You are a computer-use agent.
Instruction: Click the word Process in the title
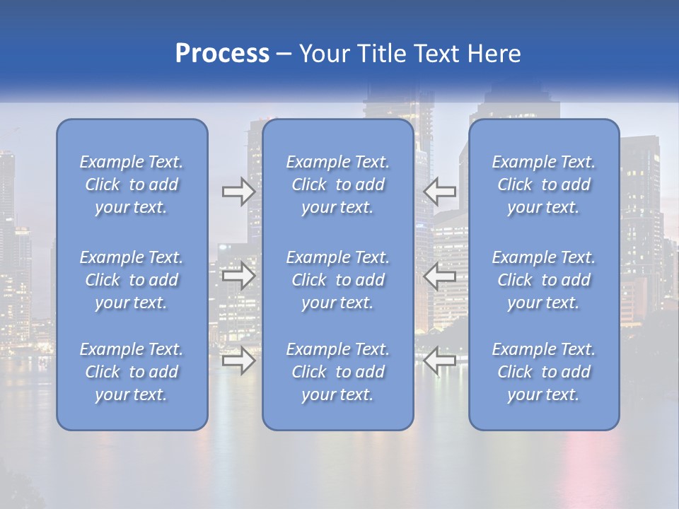pos(222,54)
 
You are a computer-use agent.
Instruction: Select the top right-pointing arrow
pos(239,191)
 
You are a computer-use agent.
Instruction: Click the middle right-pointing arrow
pos(239,275)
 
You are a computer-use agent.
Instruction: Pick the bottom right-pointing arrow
pos(239,361)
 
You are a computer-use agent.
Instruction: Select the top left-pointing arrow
pos(440,191)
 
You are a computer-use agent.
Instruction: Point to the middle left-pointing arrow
pos(440,275)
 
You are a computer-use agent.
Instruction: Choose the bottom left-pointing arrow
pos(440,361)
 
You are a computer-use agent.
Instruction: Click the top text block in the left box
pos(132,185)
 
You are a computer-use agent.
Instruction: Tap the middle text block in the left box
pos(132,280)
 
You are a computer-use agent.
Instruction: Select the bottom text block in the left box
pos(132,372)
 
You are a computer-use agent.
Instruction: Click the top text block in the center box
pos(338,185)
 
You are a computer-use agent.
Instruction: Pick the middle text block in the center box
pos(338,280)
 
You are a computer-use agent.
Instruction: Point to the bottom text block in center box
pos(338,372)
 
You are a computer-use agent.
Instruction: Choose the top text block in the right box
pos(544,185)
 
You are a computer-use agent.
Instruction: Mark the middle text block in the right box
pos(544,280)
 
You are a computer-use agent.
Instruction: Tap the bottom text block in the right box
pos(544,372)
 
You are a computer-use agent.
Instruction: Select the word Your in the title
pos(324,54)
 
